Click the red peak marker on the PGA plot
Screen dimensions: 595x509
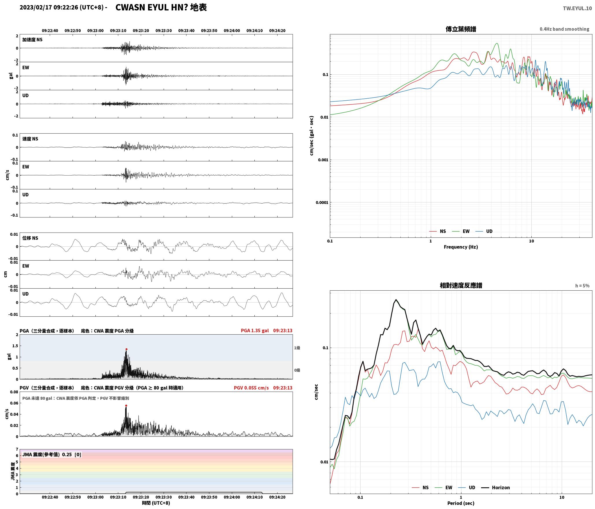click(x=126, y=349)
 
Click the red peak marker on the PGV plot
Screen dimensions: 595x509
click(x=126, y=405)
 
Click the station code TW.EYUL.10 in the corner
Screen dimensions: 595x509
click(x=577, y=8)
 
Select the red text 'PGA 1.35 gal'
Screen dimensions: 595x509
click(x=255, y=331)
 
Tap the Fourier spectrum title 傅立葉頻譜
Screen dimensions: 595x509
click(x=461, y=29)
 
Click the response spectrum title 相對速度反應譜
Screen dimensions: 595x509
click(x=461, y=285)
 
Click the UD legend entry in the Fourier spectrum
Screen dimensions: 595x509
click(x=484, y=231)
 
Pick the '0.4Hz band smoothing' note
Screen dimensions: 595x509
click(x=564, y=29)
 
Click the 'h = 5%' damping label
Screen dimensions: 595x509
click(x=582, y=286)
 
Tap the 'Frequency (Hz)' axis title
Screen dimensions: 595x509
click(x=461, y=247)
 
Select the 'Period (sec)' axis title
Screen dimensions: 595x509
click(x=461, y=503)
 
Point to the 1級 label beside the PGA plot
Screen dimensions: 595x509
click(x=297, y=348)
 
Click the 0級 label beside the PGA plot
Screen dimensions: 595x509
click(x=297, y=370)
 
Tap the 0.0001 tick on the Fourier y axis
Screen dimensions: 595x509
click(x=322, y=202)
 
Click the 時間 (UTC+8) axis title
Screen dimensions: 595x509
click(x=156, y=503)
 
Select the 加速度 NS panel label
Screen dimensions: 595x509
click(x=32, y=40)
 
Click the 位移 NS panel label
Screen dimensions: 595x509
click(x=30, y=238)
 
